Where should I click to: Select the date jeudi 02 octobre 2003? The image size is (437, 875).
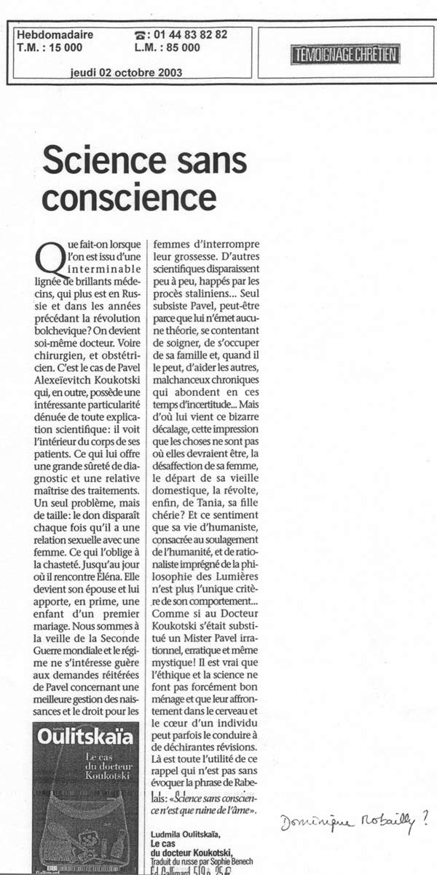[x=126, y=72]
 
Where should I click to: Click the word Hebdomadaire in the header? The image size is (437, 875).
[x=49, y=34]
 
